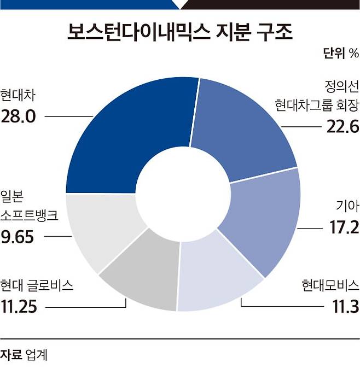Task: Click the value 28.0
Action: [x=18, y=116]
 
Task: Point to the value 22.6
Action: [x=342, y=127]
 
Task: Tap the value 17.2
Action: [x=344, y=227]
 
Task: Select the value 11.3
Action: [x=345, y=307]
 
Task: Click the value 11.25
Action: [x=19, y=307]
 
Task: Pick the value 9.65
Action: [x=18, y=237]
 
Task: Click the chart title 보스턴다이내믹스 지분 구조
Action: [x=180, y=32]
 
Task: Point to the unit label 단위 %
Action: [x=341, y=53]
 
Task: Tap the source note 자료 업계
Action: [x=24, y=355]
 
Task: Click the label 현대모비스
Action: [x=330, y=285]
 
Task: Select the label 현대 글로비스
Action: [x=37, y=285]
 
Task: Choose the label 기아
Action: [x=347, y=206]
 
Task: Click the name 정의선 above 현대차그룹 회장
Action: [x=342, y=86]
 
